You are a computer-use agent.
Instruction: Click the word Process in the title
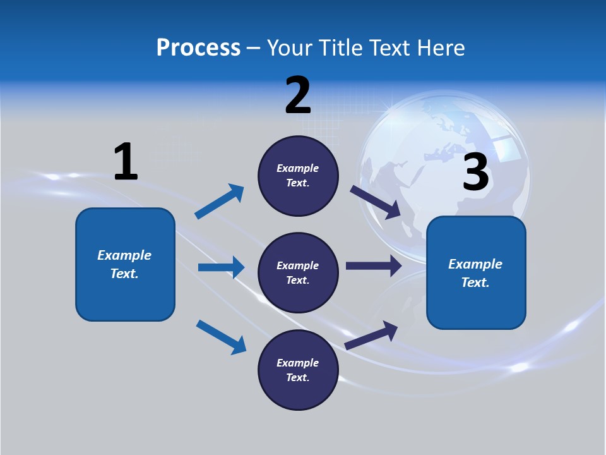pos(198,48)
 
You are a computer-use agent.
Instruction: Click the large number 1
pos(126,162)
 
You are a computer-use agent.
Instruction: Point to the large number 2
pos(298,96)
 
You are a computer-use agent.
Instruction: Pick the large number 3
pos(475,173)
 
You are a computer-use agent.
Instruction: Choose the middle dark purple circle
pos(298,272)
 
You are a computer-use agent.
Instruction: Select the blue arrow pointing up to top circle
pos(219,202)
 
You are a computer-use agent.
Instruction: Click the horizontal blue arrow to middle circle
pos(221,267)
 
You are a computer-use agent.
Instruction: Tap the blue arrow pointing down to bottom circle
pos(221,337)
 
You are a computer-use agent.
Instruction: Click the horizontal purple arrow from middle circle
pos(373,265)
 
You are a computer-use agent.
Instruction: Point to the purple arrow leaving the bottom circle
pos(371,336)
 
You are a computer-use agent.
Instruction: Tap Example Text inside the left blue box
pos(124,264)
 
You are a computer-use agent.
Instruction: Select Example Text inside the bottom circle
pos(297,370)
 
